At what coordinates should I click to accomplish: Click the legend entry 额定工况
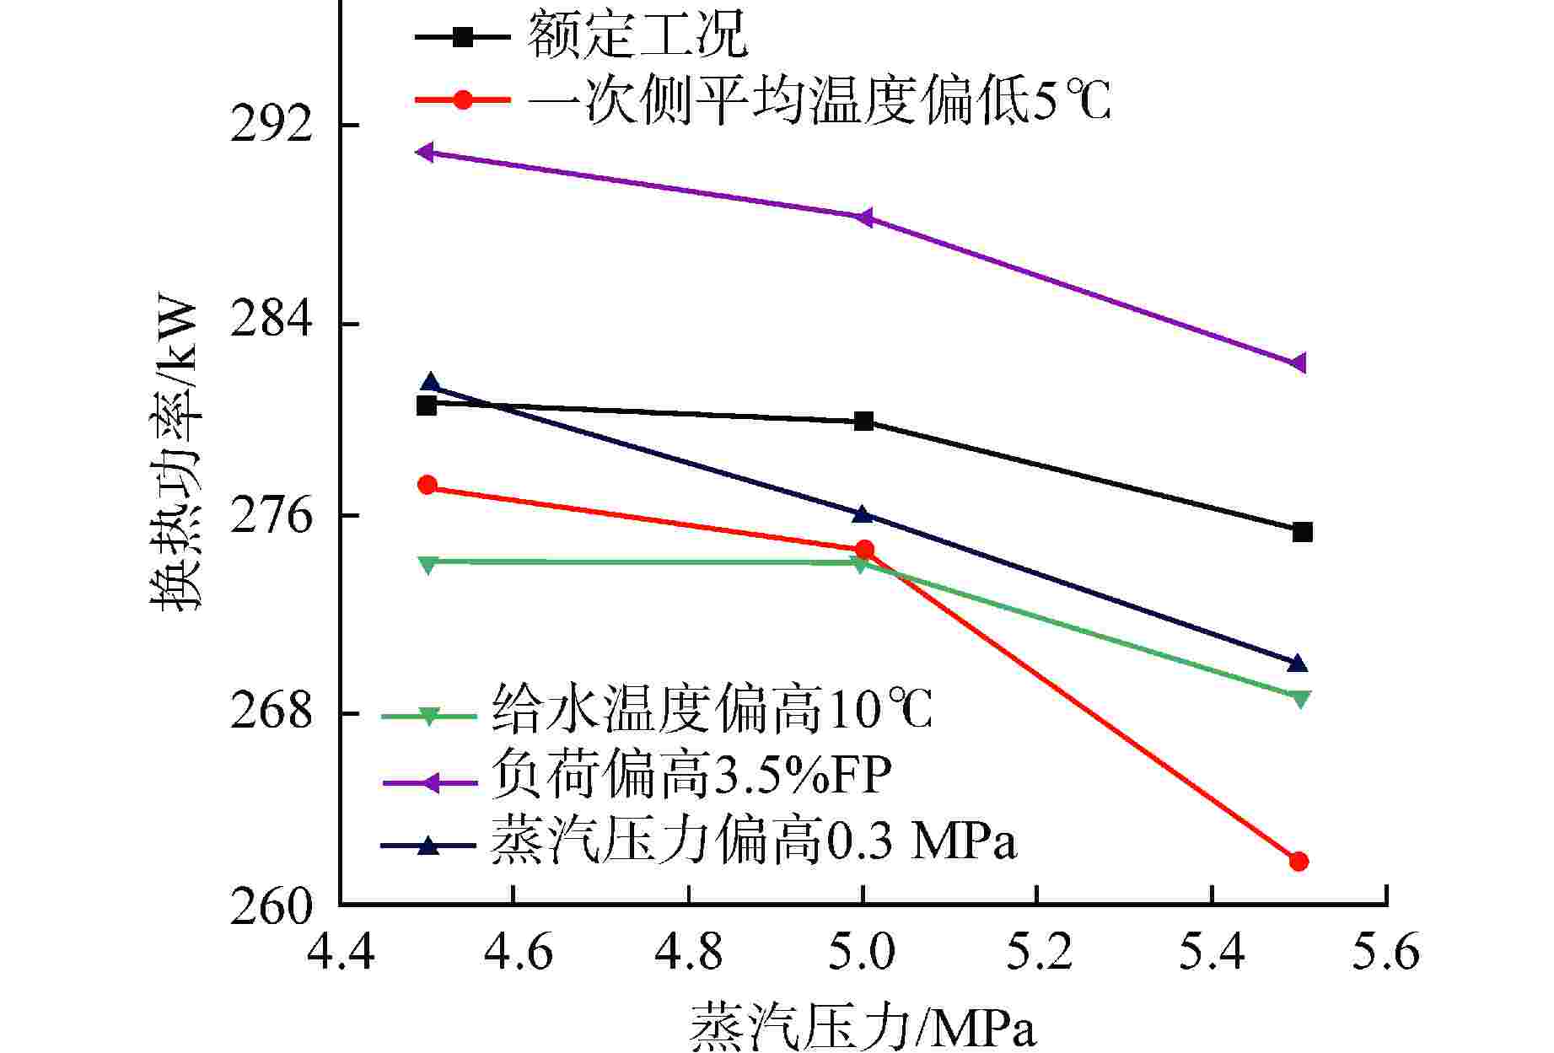click(637, 35)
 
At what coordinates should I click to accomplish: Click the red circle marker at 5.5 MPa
click(1299, 861)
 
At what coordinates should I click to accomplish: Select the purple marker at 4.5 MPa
click(426, 152)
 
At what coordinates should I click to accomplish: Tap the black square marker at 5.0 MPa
click(863, 422)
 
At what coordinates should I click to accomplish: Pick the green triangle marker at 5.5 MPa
click(1300, 699)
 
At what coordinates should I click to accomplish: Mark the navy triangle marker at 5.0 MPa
click(861, 513)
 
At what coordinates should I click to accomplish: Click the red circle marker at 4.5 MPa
click(427, 485)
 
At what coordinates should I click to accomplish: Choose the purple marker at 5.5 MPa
click(1299, 363)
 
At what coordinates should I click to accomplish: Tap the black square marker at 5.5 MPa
click(1302, 532)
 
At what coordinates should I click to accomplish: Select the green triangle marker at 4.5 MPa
click(427, 564)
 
